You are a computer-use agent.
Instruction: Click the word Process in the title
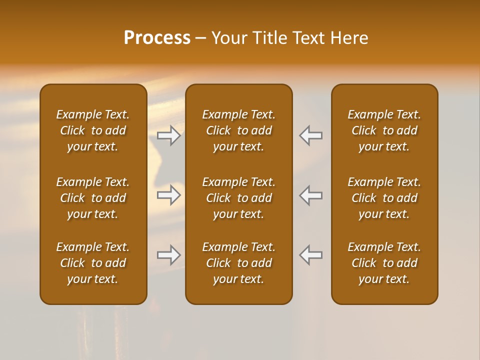click(157, 38)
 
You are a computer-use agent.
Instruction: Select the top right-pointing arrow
click(169, 135)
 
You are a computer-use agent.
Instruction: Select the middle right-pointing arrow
click(169, 195)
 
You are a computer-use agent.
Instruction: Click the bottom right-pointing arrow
click(169, 255)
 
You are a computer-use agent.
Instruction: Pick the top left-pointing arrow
click(310, 135)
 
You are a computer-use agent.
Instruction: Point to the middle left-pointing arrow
click(310, 195)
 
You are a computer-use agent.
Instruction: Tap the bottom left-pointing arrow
click(310, 255)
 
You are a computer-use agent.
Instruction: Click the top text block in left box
click(93, 130)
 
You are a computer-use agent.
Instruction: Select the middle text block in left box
click(93, 198)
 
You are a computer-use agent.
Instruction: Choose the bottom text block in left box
click(93, 263)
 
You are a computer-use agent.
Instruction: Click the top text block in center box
click(238, 130)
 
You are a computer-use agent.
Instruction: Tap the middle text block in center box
click(238, 198)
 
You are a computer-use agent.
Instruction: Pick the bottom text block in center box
click(238, 263)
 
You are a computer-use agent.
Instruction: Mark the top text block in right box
click(384, 130)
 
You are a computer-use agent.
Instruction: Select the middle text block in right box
click(384, 198)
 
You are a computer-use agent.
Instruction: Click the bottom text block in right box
click(384, 263)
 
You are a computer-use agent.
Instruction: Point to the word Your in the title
click(229, 38)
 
